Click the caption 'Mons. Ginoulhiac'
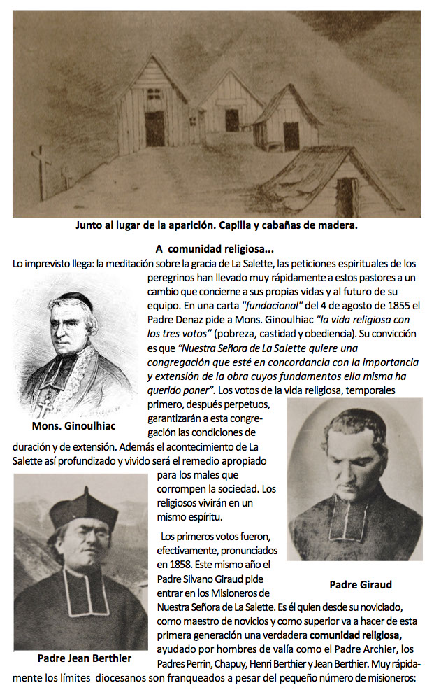click(x=74, y=426)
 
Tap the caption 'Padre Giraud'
click(x=360, y=584)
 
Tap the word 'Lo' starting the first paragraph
click(x=19, y=263)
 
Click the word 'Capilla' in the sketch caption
click(x=254, y=225)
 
